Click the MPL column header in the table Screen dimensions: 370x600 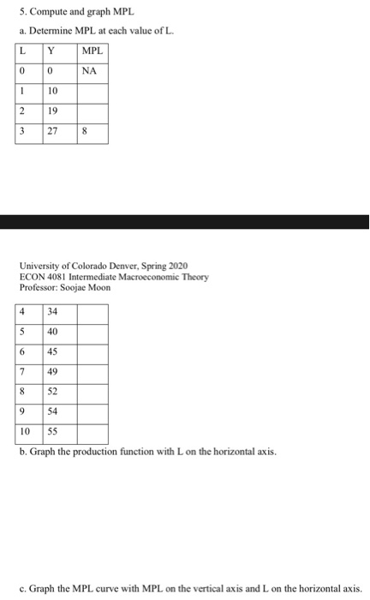tap(92, 52)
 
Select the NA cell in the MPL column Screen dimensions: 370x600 tap(92, 72)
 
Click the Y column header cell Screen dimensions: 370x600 tap(59, 52)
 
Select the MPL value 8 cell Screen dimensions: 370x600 tap(92, 134)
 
